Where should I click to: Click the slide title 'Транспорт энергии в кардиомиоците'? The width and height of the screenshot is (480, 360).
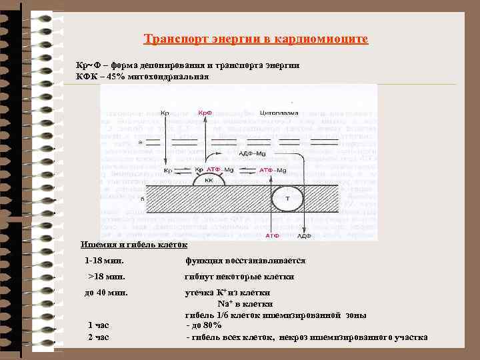pyautogui.click(x=256, y=40)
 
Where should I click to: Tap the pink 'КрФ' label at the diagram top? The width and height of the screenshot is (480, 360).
pyautogui.click(x=205, y=113)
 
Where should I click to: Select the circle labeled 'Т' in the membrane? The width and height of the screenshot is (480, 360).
pyautogui.click(x=287, y=199)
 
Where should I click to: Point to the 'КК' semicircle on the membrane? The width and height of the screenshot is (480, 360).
pyautogui.click(x=209, y=179)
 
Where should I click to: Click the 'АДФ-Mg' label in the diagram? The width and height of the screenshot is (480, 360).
pyautogui.click(x=251, y=153)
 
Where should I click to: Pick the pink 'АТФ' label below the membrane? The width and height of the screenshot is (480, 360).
pyautogui.click(x=272, y=235)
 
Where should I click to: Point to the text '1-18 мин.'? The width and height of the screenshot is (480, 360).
pyautogui.click(x=105, y=260)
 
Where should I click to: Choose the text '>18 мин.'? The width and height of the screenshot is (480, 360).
pyautogui.click(x=107, y=277)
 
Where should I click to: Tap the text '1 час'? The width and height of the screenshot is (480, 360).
pyautogui.click(x=99, y=325)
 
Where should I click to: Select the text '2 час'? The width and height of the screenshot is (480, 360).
pyautogui.click(x=99, y=337)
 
